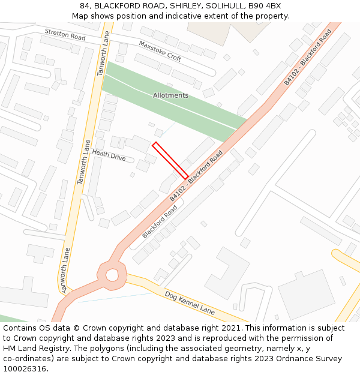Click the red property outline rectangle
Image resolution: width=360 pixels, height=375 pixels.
[170, 160]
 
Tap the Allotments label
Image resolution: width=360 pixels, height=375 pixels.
[170, 95]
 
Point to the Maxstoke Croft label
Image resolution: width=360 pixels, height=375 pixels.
[160, 51]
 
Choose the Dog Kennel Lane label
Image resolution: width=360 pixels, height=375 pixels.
[190, 304]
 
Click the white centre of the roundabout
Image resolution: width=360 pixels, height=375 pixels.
[112, 275]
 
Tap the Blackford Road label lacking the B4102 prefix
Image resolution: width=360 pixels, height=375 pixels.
[160, 222]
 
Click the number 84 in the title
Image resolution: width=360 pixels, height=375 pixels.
[85, 6]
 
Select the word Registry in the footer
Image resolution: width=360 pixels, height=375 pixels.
[59, 349]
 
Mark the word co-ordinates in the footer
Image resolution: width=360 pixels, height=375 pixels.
[26, 359]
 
